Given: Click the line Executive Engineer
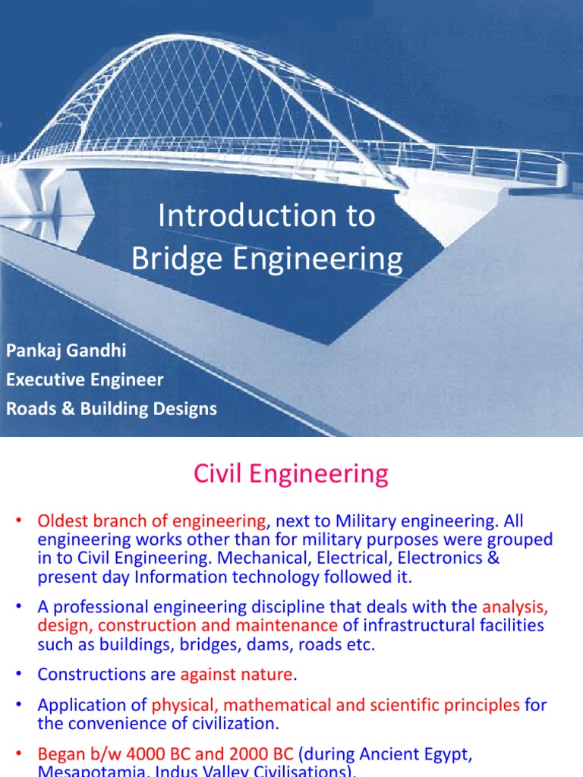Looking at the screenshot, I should [x=84, y=379].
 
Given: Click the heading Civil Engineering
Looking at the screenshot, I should [x=291, y=474].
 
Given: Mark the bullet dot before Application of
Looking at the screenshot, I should [x=20, y=705].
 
